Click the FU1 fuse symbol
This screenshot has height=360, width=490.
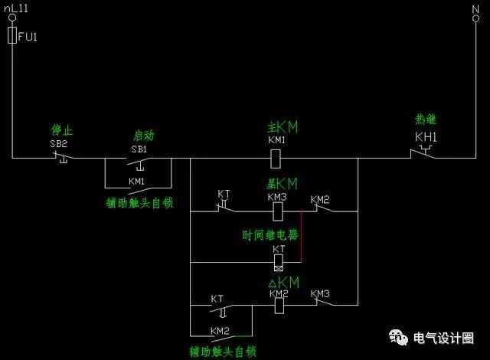(x=12, y=35)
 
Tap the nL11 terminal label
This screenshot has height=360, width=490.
(x=16, y=8)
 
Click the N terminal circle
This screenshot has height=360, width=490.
(x=475, y=19)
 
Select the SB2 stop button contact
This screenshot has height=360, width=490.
(x=64, y=156)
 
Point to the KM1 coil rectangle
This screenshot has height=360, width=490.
(x=276, y=159)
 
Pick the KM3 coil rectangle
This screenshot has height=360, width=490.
(x=278, y=211)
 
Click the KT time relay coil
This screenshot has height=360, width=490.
(x=279, y=263)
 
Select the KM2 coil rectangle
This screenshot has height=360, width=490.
(x=279, y=306)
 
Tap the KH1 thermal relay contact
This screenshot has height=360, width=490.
(x=423, y=152)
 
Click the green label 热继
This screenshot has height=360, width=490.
(x=426, y=119)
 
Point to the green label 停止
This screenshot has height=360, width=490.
(x=62, y=130)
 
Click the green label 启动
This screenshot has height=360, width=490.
(x=144, y=136)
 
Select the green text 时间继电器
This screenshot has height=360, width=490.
(x=270, y=235)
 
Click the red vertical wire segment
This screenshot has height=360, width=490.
(x=301, y=237)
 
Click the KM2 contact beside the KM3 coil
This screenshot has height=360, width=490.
(x=324, y=208)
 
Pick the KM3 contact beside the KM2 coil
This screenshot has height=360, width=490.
(x=324, y=302)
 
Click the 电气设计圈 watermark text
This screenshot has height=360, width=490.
(x=443, y=338)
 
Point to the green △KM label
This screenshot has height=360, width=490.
(x=284, y=283)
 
